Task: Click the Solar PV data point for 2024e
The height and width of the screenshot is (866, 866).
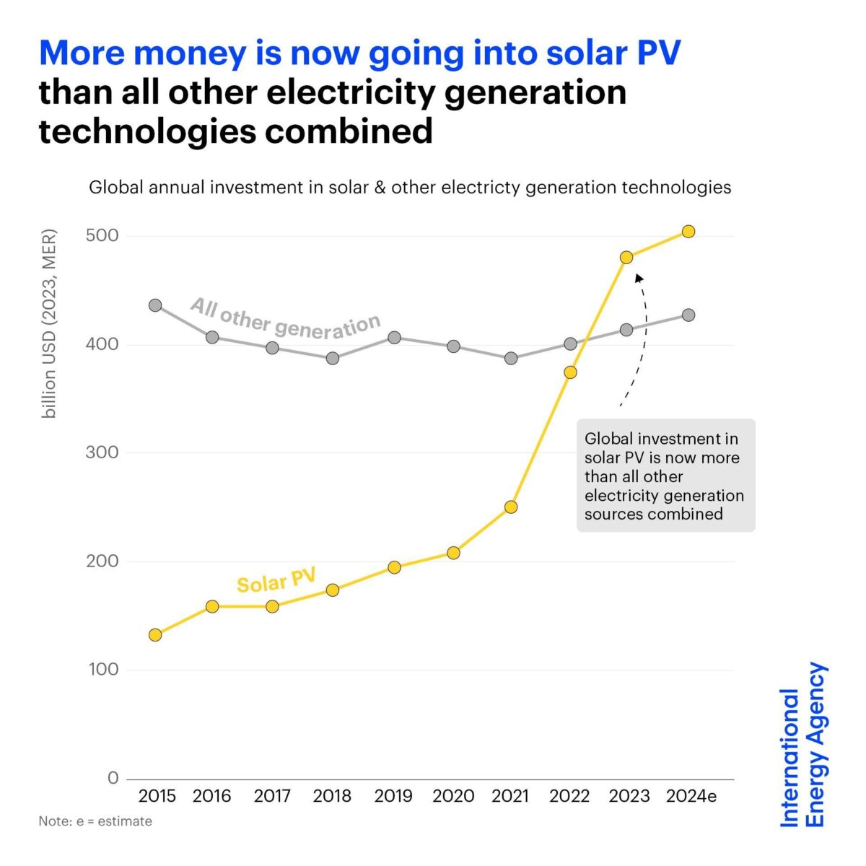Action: click(688, 232)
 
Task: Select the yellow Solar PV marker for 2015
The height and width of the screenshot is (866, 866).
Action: click(155, 635)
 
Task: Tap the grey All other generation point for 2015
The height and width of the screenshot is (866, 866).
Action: click(155, 305)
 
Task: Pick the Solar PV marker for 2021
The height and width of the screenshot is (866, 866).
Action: click(511, 507)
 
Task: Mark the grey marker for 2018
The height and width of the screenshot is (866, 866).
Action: click(333, 358)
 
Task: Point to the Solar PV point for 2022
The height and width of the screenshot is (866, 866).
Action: click(570, 372)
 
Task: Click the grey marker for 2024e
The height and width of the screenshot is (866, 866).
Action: click(688, 315)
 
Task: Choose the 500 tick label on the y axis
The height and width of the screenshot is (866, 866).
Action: click(102, 236)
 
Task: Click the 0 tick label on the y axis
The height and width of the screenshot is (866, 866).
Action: click(113, 778)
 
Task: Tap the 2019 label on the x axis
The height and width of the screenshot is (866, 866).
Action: click(393, 796)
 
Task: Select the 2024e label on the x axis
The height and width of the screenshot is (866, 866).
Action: click(691, 796)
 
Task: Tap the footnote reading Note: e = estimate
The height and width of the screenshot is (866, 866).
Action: click(95, 821)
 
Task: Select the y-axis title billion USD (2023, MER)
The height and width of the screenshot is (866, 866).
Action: click(49, 323)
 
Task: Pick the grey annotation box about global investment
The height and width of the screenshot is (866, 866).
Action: click(665, 476)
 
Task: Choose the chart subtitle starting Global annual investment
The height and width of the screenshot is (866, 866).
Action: click(410, 188)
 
